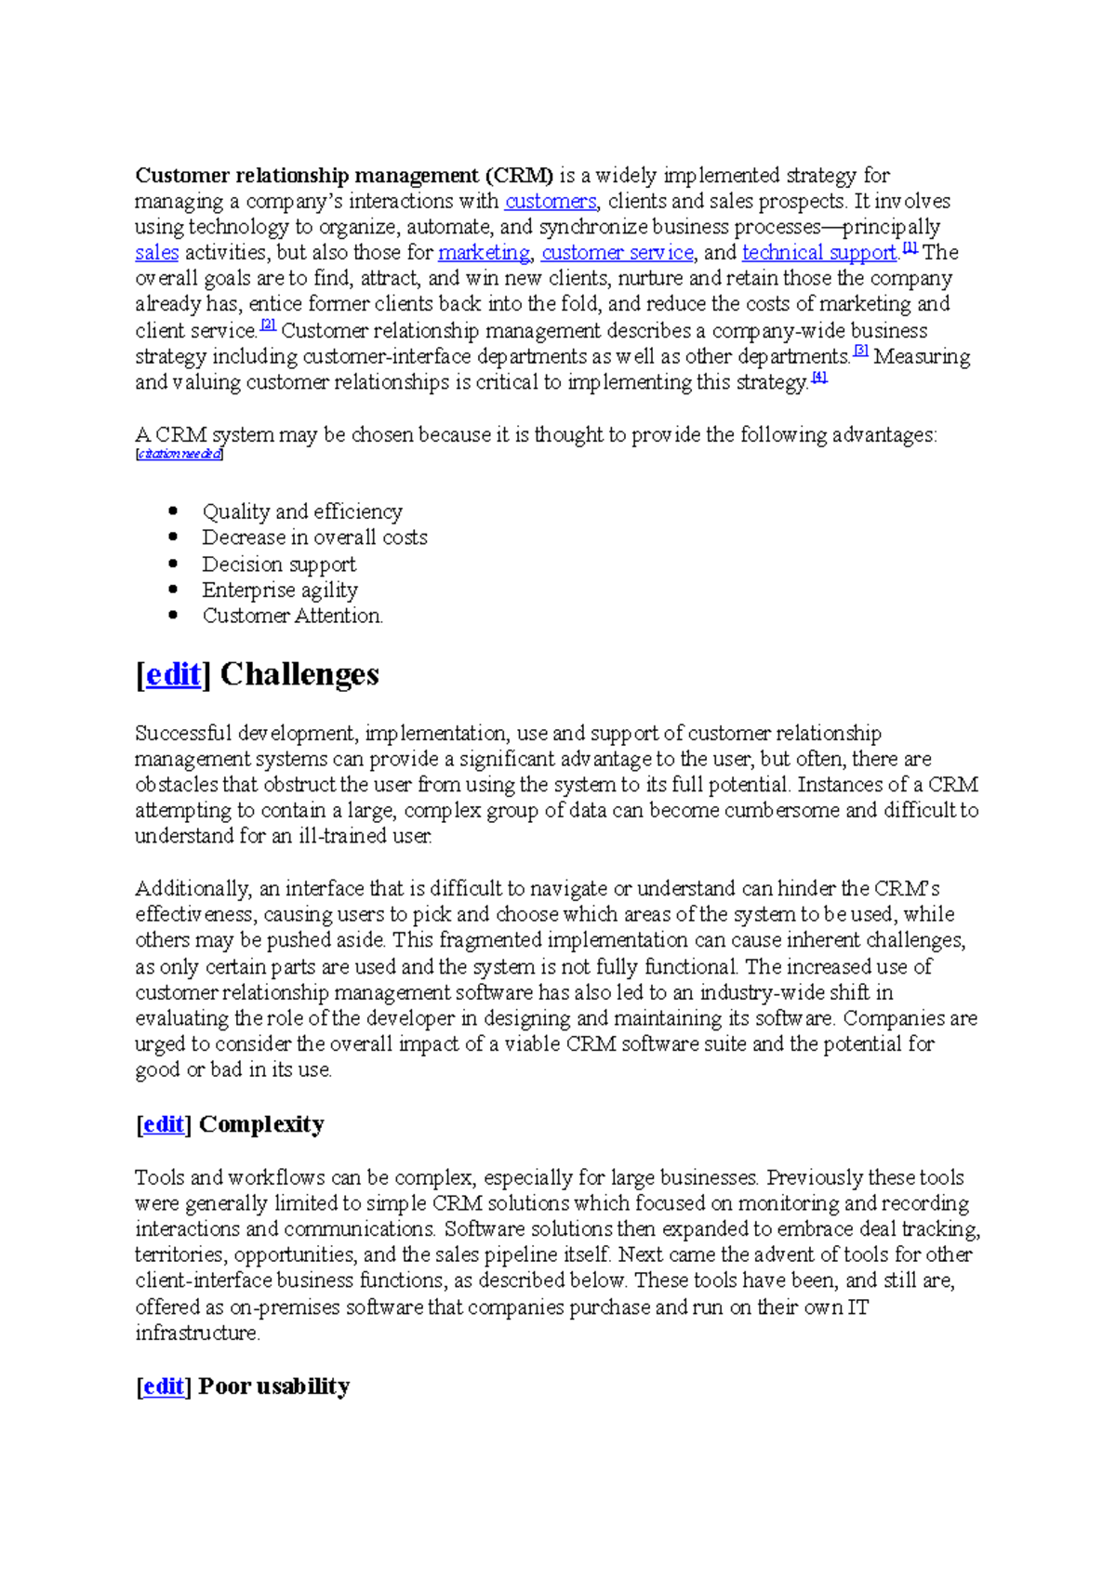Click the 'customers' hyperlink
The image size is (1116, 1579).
[550, 201]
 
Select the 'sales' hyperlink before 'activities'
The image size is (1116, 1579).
[156, 253]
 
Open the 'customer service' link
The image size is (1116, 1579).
[618, 253]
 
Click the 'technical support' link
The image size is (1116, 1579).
[819, 253]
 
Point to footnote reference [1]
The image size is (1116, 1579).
[910, 248]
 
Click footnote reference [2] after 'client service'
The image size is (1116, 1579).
[269, 325]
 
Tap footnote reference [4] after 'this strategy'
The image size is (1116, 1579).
[819, 378]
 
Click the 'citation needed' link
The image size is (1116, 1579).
[179, 454]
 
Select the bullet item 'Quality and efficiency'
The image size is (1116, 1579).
[302, 511]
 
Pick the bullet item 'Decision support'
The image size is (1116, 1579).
[279, 564]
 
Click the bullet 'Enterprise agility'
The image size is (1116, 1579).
[280, 590]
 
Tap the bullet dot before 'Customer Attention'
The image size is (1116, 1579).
[173, 615]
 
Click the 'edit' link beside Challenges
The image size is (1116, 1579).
[173, 674]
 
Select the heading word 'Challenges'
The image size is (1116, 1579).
[299, 674]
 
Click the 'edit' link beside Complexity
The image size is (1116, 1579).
[164, 1124]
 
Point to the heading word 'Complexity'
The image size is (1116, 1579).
[261, 1124]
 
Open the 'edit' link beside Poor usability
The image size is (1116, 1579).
[164, 1387]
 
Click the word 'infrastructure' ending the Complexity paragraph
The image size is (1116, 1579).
[196, 1333]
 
